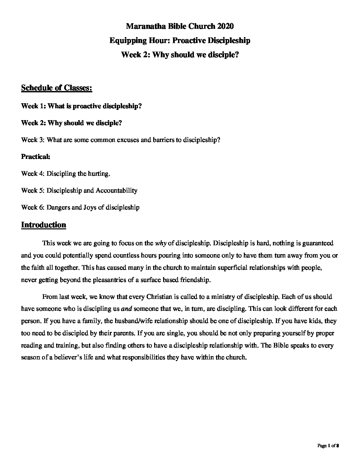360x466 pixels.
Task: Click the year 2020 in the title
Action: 226,26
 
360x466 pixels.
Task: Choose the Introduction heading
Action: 43,225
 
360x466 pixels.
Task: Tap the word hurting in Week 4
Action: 98,173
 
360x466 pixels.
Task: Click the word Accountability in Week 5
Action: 116,190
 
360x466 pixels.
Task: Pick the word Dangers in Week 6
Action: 58,207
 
